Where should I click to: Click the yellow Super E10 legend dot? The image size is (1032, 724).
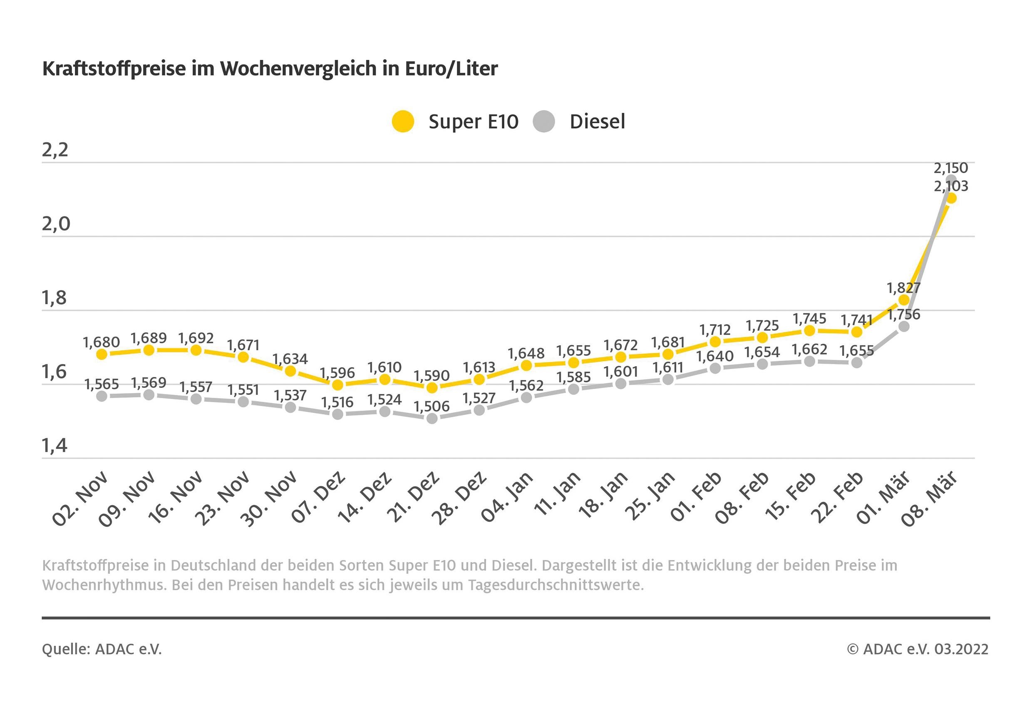pos(403,121)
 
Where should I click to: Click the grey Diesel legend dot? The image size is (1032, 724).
pos(544,121)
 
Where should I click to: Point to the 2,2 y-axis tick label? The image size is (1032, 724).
pos(55,150)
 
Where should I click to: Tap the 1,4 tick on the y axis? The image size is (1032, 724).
pos(55,446)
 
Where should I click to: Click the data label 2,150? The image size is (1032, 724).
pos(950,168)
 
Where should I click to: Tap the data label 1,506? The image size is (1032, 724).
pos(432,406)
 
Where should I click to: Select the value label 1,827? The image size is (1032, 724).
pos(903,288)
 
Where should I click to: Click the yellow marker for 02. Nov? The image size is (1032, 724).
pos(102,354)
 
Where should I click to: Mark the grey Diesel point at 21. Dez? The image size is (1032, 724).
pos(432,419)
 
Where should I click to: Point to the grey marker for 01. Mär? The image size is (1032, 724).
pos(904,327)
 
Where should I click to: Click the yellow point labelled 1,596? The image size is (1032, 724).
pos(337,385)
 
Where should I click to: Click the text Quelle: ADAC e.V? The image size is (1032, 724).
pos(102,649)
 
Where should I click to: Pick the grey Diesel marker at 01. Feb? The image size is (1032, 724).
pos(715,369)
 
